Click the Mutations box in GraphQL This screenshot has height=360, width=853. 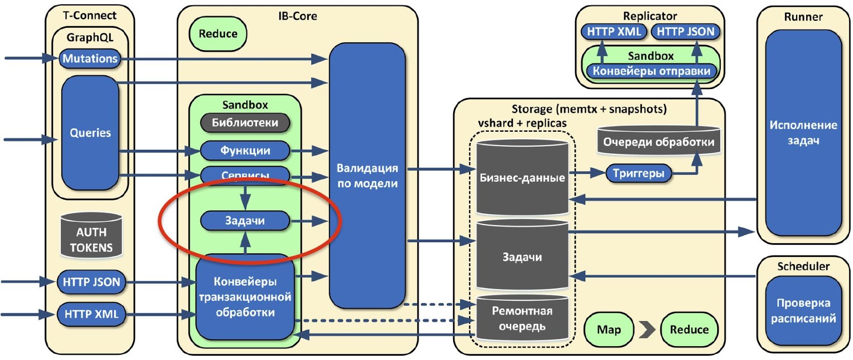90,59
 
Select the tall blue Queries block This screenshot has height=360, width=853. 90,133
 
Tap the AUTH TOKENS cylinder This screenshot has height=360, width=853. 91,236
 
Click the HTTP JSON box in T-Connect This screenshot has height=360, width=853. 91,282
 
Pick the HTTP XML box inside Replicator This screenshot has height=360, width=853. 614,32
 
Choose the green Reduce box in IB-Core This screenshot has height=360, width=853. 218,34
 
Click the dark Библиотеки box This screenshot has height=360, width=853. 245,123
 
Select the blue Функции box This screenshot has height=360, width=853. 245,151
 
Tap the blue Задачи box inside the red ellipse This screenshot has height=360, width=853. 245,221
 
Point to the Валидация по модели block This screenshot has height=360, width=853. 367,175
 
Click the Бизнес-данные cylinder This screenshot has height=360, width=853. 522,178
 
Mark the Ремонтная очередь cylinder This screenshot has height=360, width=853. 522,318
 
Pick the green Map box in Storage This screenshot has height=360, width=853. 609,330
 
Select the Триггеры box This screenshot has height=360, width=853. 638,173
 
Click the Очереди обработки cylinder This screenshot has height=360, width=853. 658,141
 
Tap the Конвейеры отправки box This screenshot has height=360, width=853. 651,71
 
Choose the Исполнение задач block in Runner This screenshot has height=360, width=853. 803,133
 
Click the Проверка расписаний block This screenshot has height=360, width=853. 803,310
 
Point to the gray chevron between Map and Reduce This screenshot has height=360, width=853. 647,330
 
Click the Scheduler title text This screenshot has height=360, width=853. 803,266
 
